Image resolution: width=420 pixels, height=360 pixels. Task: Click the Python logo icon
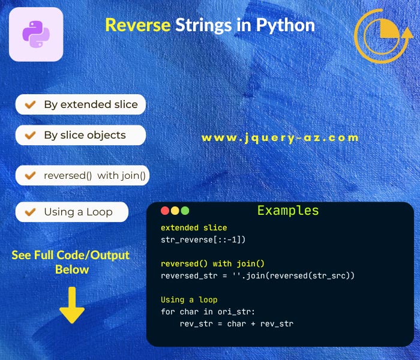click(x=36, y=34)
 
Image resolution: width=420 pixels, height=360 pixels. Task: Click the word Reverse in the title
click(x=138, y=25)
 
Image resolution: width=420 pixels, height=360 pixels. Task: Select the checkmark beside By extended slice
click(x=28, y=104)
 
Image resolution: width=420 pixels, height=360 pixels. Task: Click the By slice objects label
click(x=85, y=135)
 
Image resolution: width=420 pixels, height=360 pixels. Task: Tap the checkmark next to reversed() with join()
click(x=28, y=176)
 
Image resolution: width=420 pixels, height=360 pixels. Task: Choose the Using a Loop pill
click(x=72, y=212)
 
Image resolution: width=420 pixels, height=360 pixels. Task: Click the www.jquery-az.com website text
click(x=280, y=137)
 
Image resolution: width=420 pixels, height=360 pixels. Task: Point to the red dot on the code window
click(x=165, y=211)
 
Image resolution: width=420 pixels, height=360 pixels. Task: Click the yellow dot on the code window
click(x=175, y=211)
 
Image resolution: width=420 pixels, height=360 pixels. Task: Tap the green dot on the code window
click(x=185, y=211)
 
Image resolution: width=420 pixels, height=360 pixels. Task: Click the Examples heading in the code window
click(x=288, y=211)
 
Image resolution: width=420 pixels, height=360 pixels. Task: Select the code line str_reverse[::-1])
click(x=204, y=239)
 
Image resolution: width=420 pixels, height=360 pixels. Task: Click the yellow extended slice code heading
click(x=194, y=227)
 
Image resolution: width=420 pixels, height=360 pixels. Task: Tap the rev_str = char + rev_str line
click(x=236, y=323)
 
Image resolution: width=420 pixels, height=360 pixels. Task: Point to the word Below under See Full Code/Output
click(x=72, y=269)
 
